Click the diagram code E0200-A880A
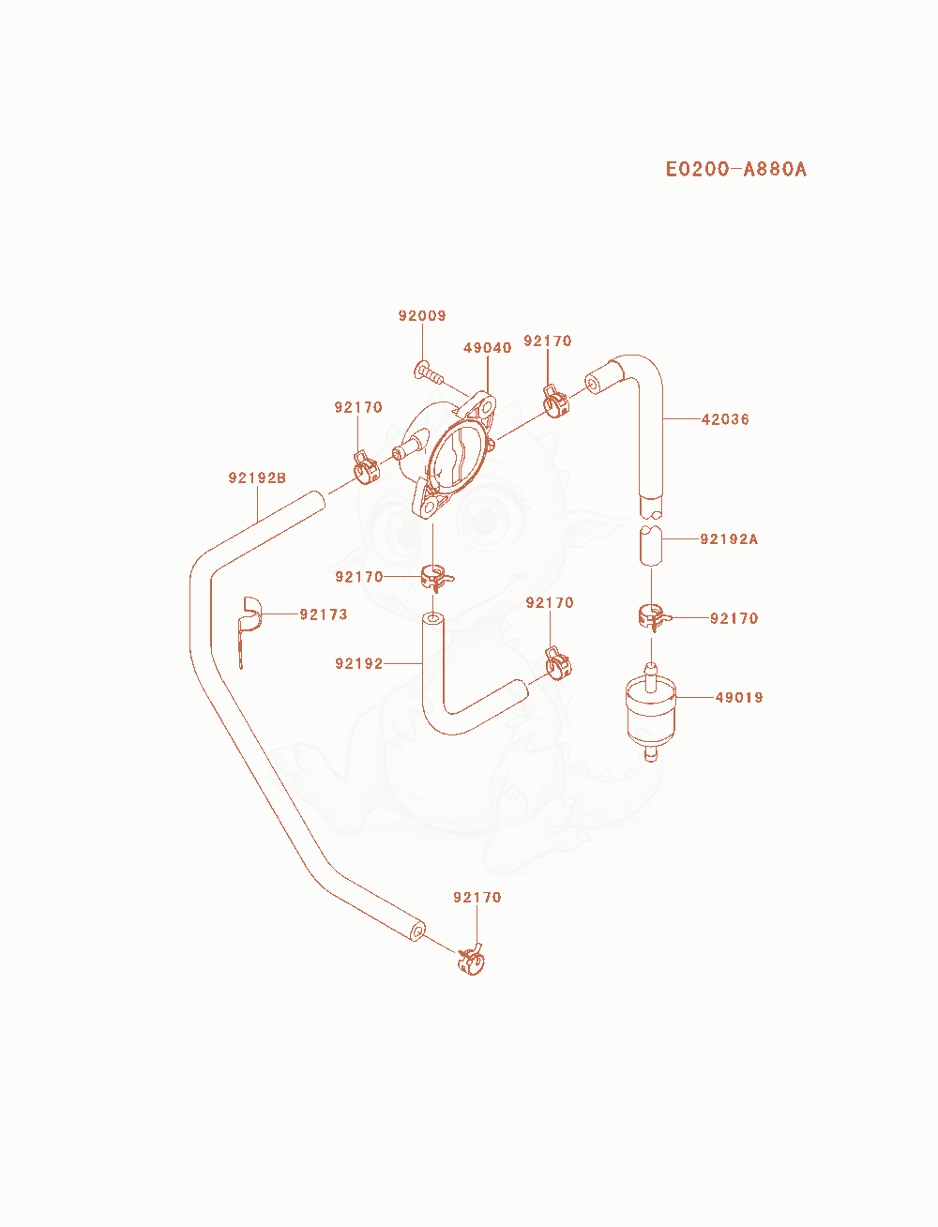click(x=735, y=169)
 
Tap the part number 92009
click(x=422, y=316)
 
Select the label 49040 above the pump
click(x=488, y=348)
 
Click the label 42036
click(x=725, y=419)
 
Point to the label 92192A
click(x=729, y=538)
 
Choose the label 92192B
click(x=257, y=477)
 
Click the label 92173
click(x=324, y=614)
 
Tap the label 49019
click(x=739, y=697)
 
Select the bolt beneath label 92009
click(x=429, y=372)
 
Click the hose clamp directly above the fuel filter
click(x=653, y=617)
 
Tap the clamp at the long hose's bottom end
click(x=471, y=960)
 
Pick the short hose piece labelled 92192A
click(x=651, y=545)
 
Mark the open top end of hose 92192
click(x=433, y=619)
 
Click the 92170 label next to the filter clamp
click(x=734, y=618)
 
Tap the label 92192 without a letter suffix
click(x=359, y=663)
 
